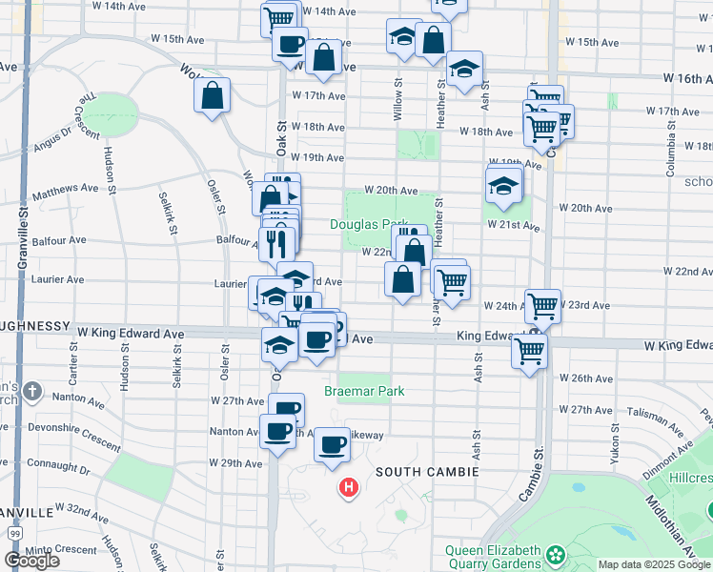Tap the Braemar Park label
click(x=364, y=391)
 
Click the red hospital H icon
click(x=349, y=489)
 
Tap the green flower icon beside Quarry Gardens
click(x=556, y=552)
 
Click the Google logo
click(x=31, y=561)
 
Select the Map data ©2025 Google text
click(x=654, y=564)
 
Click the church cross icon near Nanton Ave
click(x=32, y=391)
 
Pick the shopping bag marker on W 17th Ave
click(x=211, y=94)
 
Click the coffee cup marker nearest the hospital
click(x=333, y=443)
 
